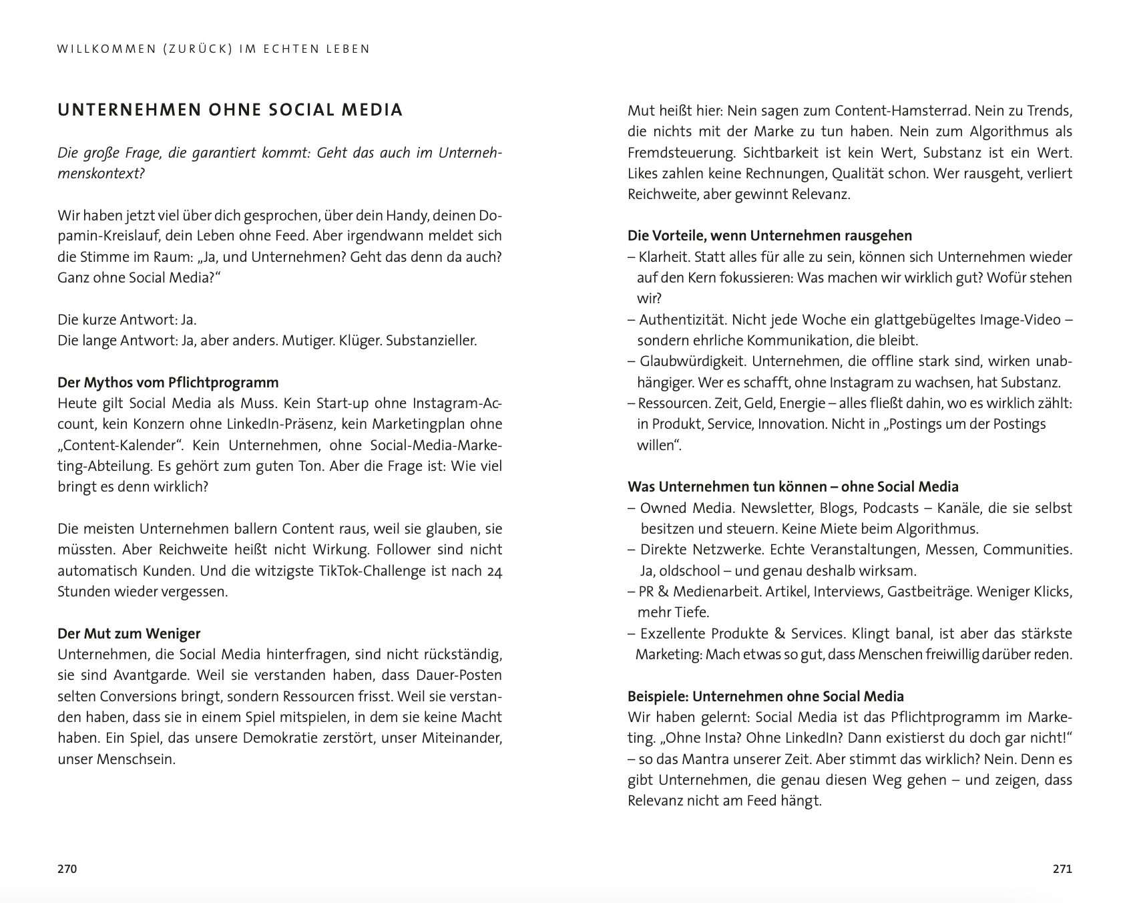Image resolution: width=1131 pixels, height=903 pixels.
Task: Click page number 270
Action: point(67,869)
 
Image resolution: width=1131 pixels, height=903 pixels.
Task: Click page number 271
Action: point(1062,869)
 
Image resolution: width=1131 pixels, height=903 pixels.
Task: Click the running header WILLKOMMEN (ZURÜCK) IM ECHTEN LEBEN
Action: point(214,49)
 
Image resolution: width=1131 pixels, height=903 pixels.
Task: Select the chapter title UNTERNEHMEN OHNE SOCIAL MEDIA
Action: point(230,110)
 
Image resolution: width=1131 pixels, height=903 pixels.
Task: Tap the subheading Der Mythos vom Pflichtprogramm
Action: point(168,383)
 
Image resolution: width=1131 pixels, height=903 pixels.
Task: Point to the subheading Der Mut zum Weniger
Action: point(129,633)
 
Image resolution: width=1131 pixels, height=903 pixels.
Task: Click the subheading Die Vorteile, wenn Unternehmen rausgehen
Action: point(769,236)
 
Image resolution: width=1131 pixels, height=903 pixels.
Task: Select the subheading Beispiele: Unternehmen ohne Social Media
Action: point(765,697)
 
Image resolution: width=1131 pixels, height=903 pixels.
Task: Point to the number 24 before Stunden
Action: point(494,571)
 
